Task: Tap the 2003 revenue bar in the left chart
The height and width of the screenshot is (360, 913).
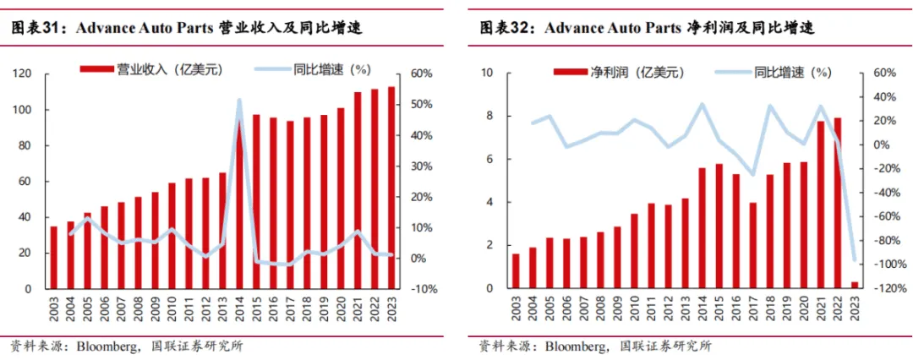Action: pyautogui.click(x=55, y=257)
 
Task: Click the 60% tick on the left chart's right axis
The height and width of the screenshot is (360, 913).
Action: pyautogui.click(x=421, y=74)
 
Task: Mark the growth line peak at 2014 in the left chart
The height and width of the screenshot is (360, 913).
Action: pyautogui.click(x=239, y=101)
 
